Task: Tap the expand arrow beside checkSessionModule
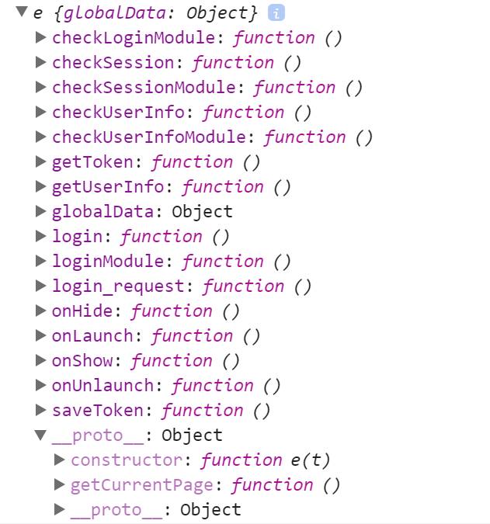click(x=41, y=87)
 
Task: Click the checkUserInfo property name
click(x=119, y=112)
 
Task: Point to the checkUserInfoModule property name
click(x=149, y=137)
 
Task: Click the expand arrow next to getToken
click(x=41, y=161)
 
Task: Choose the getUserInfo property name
click(x=108, y=186)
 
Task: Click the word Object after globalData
click(x=202, y=211)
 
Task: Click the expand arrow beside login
click(x=41, y=236)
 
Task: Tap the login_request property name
click(x=119, y=286)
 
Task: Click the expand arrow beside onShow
click(x=41, y=360)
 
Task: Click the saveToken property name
click(x=98, y=410)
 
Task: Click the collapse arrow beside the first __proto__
click(x=41, y=435)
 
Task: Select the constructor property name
click(x=127, y=460)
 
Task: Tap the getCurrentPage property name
click(x=142, y=484)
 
